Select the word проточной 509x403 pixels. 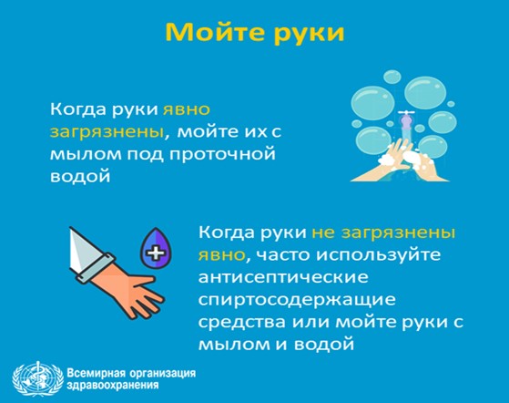222,155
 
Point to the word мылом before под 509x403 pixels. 86,154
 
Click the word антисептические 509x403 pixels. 283,277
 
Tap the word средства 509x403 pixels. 242,323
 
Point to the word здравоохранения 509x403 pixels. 113,386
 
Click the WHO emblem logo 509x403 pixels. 37,378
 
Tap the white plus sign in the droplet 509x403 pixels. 156,252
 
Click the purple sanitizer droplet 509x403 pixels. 156,248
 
